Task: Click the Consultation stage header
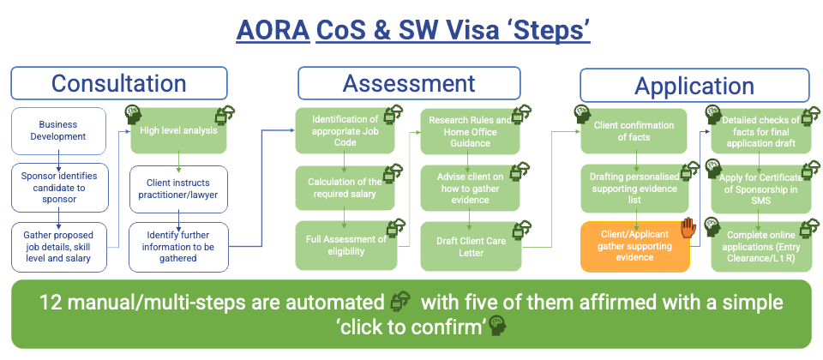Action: point(119,83)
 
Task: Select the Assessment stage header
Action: point(409,83)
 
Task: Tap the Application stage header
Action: point(694,86)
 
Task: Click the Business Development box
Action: point(58,130)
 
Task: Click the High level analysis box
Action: point(179,130)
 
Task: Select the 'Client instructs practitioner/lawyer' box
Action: point(179,188)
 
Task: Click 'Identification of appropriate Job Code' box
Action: point(344,130)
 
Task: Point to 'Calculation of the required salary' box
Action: point(344,188)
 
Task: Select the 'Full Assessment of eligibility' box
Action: point(344,244)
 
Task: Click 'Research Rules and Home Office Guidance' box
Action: point(470,130)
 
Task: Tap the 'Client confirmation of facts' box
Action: point(634,131)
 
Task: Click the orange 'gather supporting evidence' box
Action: point(634,246)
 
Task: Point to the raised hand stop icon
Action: point(688,227)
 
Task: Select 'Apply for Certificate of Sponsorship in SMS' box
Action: point(759,188)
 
